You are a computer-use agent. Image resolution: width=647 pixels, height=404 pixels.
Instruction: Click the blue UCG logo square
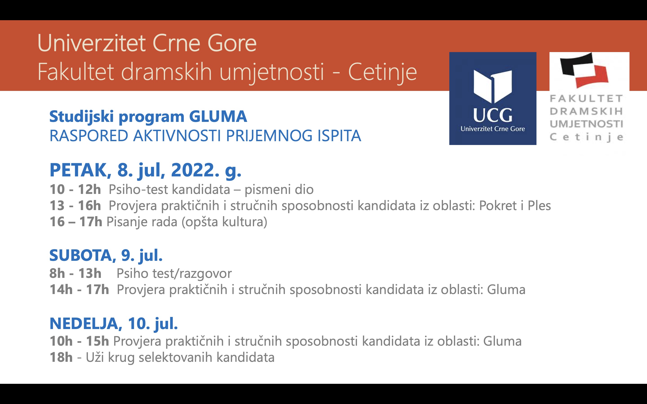click(x=493, y=98)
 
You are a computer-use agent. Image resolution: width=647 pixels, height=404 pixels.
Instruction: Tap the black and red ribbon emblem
click(x=584, y=70)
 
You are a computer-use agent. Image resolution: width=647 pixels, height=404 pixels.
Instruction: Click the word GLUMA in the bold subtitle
click(x=218, y=116)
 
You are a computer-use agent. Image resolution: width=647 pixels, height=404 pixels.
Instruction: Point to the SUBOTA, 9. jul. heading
click(x=106, y=255)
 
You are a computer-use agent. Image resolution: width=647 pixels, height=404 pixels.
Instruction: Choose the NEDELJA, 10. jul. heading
click(x=114, y=324)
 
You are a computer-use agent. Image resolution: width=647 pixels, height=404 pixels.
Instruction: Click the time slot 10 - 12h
click(x=75, y=189)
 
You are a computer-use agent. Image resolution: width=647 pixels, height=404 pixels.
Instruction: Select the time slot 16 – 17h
click(x=76, y=222)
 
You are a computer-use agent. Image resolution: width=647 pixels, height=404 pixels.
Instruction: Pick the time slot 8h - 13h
click(x=75, y=273)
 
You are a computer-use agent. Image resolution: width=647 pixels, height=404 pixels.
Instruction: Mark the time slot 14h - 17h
click(x=79, y=290)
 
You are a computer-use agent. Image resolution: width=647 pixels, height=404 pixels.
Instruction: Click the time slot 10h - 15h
click(x=79, y=341)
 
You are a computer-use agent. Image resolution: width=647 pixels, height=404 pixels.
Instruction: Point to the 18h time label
click(x=61, y=358)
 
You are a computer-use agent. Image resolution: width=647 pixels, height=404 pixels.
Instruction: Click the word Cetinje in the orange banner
click(x=382, y=72)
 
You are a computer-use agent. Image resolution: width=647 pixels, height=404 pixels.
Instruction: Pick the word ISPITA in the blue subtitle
click(x=339, y=136)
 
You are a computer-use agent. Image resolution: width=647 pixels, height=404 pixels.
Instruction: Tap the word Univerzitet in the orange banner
click(x=92, y=43)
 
